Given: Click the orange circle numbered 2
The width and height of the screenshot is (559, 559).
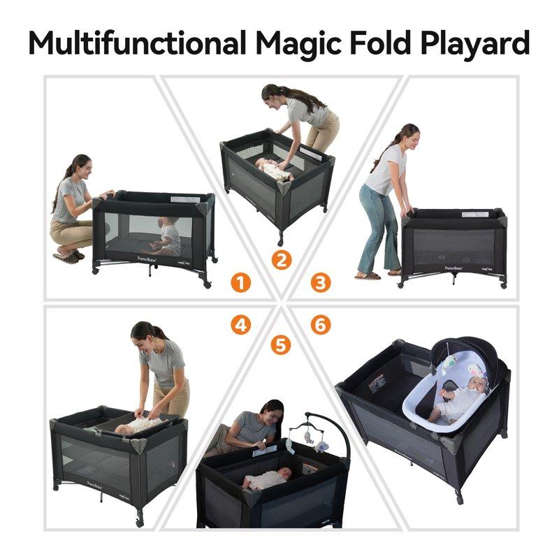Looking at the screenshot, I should point(280,260).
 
